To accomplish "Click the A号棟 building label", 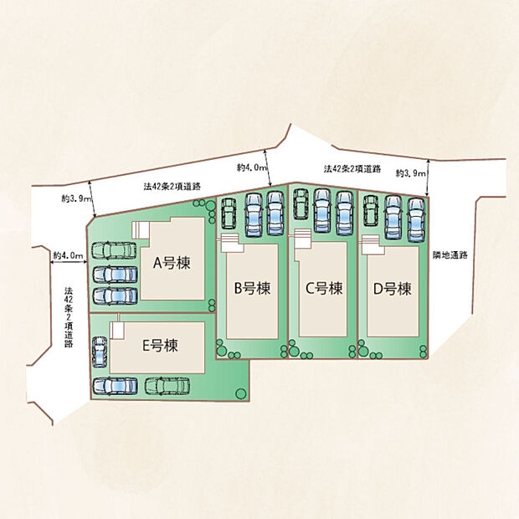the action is point(172,262).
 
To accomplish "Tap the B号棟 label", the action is point(251,289).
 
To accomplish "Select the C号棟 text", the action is point(323,289).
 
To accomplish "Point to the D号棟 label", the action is point(392,289).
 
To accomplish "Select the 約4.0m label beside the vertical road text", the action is point(68,254).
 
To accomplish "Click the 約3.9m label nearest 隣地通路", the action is point(410,173).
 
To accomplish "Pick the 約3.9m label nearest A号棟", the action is point(75,199).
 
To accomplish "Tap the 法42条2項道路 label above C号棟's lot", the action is point(352,169).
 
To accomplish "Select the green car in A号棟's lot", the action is point(113,250).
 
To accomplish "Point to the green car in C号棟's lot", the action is point(301,203).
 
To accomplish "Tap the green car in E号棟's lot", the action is point(167,386).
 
